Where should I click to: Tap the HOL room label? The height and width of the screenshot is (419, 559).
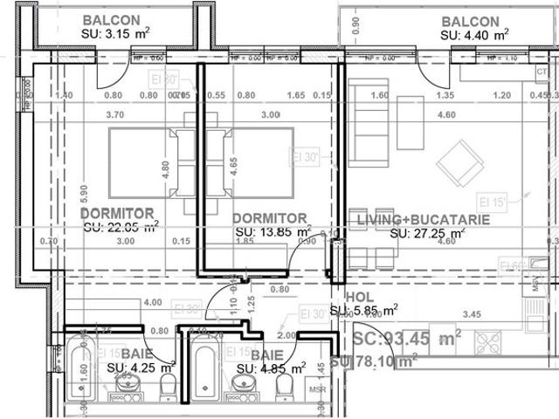pyautogui.click(x=359, y=297)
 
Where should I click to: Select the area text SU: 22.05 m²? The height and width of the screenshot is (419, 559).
pyautogui.click(x=121, y=226)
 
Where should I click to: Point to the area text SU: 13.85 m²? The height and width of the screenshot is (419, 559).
pyautogui.click(x=273, y=232)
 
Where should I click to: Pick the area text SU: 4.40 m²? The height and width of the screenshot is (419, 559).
pyautogui.click(x=474, y=35)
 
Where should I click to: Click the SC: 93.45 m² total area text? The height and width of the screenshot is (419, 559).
pyautogui.click(x=407, y=339)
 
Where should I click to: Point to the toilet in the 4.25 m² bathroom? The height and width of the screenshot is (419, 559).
pyautogui.click(x=169, y=388)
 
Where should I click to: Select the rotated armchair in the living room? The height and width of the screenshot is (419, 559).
pyautogui.click(x=459, y=162)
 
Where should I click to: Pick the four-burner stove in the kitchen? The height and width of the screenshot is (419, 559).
pyautogui.click(x=487, y=344)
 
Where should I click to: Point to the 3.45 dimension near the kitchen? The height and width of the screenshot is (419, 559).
pyautogui.click(x=472, y=313)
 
